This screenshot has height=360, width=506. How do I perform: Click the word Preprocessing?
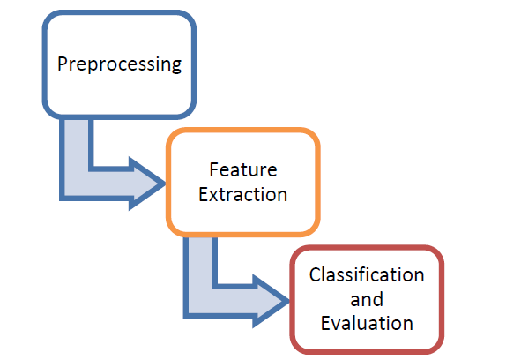(x=119, y=64)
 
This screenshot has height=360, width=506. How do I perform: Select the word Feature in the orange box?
(x=243, y=169)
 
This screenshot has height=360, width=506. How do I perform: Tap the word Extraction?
(x=242, y=195)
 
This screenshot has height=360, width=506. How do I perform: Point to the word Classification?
(x=367, y=274)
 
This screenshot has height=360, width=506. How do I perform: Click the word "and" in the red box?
(x=367, y=299)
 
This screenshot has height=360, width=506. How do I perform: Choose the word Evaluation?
(x=367, y=323)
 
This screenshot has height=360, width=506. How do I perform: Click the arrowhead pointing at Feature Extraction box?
(x=147, y=184)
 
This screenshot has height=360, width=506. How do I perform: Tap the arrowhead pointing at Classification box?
(x=271, y=301)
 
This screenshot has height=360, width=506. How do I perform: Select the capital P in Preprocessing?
(x=63, y=64)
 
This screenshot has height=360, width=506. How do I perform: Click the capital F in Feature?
(x=214, y=169)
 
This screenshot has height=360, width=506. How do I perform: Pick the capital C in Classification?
(x=315, y=274)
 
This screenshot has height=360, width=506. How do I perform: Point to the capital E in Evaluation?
(x=325, y=323)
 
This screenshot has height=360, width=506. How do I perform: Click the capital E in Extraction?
(x=203, y=195)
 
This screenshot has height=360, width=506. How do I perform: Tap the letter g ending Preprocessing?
(x=176, y=66)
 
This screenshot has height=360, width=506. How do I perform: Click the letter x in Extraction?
(x=214, y=197)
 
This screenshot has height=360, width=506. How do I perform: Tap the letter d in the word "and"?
(x=378, y=299)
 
